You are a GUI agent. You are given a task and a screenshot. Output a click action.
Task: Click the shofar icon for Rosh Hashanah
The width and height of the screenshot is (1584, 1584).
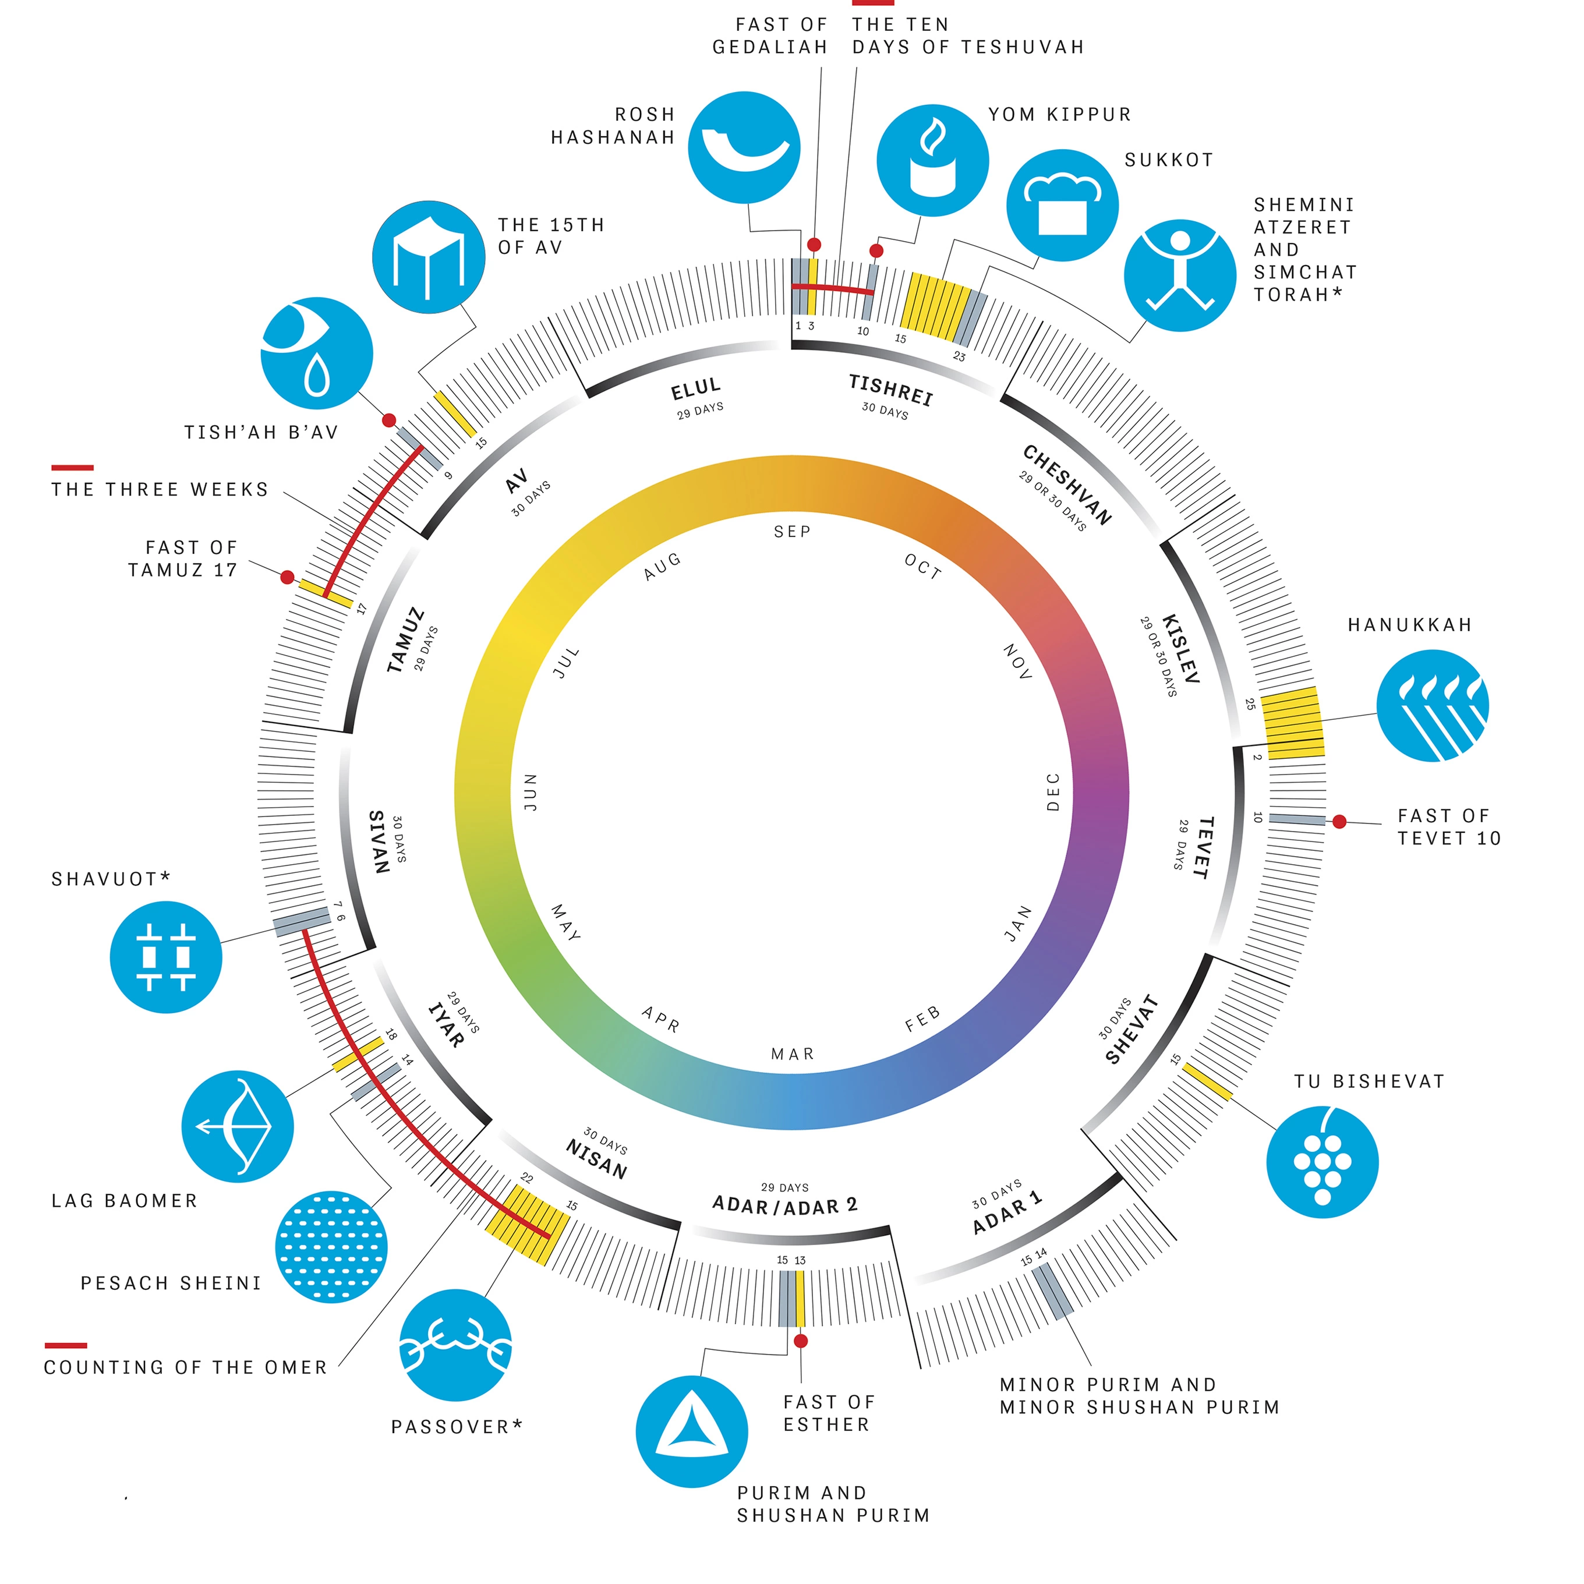(x=744, y=147)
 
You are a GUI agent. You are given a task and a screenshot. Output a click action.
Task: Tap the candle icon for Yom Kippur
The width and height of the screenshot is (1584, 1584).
(x=932, y=161)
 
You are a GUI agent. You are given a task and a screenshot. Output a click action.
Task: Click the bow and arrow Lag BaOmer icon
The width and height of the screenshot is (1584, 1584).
(x=238, y=1126)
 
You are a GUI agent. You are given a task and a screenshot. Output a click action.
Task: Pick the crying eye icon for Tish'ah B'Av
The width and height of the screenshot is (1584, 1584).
(x=316, y=353)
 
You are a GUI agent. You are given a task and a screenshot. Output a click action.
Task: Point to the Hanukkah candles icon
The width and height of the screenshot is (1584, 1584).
(x=1433, y=705)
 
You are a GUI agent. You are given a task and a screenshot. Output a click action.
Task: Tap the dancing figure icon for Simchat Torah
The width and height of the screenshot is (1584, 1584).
(x=1180, y=275)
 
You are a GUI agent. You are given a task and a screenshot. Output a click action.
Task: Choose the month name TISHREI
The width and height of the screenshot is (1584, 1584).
(x=890, y=390)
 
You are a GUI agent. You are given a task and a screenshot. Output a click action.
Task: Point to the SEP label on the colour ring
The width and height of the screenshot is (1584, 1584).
(x=792, y=531)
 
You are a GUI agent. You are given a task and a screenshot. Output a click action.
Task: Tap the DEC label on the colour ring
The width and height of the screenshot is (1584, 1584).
(x=1053, y=792)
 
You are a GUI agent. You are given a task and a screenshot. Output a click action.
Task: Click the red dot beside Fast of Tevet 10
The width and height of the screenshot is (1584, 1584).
(x=1339, y=821)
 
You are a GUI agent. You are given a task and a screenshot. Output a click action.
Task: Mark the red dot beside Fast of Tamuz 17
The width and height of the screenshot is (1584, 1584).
(x=287, y=577)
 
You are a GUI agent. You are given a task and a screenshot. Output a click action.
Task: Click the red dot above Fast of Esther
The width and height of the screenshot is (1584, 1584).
(x=801, y=1341)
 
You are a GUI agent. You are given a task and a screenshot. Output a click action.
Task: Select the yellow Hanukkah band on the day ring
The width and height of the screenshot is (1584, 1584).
(x=1292, y=722)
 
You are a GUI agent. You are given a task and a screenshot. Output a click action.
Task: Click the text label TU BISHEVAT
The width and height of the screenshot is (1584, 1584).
(x=1369, y=1081)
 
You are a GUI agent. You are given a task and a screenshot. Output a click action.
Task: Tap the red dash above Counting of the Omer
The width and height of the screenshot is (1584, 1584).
(x=66, y=1345)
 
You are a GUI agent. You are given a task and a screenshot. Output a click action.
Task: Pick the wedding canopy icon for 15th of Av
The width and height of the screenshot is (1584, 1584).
(x=428, y=257)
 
